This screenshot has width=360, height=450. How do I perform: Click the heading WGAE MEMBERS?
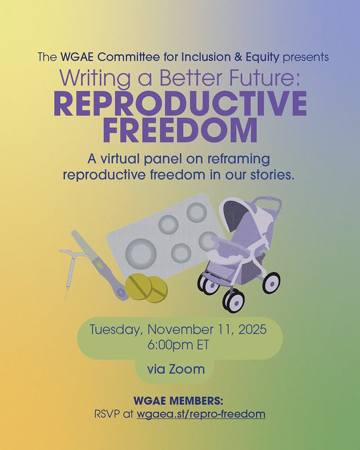point(178,401)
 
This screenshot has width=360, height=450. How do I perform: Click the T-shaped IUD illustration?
point(70,264)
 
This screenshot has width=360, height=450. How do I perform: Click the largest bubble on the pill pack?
point(138,248)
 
